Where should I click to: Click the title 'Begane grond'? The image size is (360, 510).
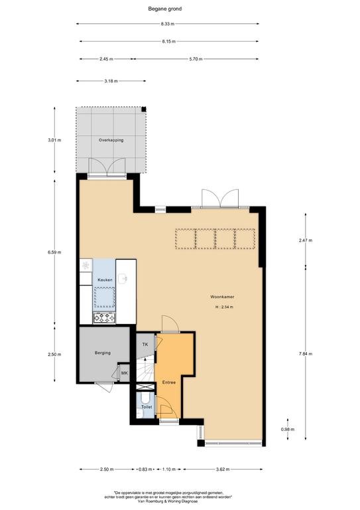click(164, 9)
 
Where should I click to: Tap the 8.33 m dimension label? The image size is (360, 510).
click(168, 24)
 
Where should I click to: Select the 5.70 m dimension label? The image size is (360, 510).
click(196, 59)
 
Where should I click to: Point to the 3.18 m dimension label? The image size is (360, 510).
click(111, 81)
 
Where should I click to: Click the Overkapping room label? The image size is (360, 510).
click(111, 140)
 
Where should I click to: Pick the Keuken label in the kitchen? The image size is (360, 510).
click(105, 280)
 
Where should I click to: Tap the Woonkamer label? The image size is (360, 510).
click(222, 297)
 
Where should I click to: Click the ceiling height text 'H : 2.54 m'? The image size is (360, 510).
click(224, 307)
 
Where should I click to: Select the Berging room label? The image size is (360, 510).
click(103, 353)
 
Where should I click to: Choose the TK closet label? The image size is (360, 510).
click(145, 344)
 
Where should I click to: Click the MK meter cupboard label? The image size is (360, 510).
click(125, 373)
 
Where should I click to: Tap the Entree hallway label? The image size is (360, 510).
click(169, 382)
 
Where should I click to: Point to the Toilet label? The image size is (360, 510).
click(147, 407)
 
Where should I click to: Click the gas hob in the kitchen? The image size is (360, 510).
click(104, 318)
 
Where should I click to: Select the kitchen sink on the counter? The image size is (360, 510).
click(123, 278)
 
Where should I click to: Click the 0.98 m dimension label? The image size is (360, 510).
click(288, 430)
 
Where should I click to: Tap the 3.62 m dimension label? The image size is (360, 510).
click(223, 469)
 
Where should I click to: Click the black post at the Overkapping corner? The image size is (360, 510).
click(144, 110)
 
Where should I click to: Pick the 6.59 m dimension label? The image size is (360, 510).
click(54, 252)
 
